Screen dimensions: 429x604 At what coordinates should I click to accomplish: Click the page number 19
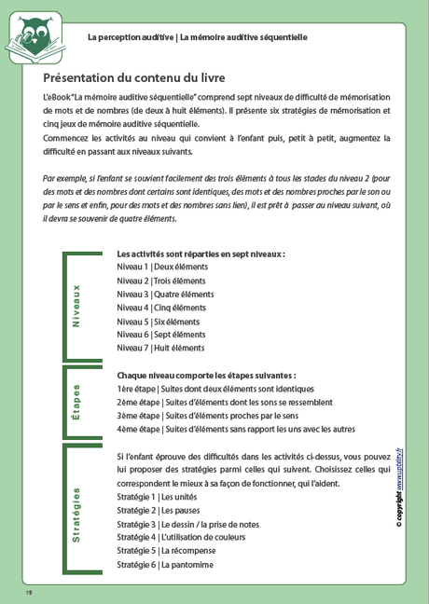coord(30,593)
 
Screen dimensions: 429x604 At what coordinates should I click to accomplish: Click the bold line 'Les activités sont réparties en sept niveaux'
coord(201,254)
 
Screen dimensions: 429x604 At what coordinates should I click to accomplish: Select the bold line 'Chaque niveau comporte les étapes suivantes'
coord(206,375)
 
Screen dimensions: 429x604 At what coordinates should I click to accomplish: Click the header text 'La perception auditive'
coord(130,37)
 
